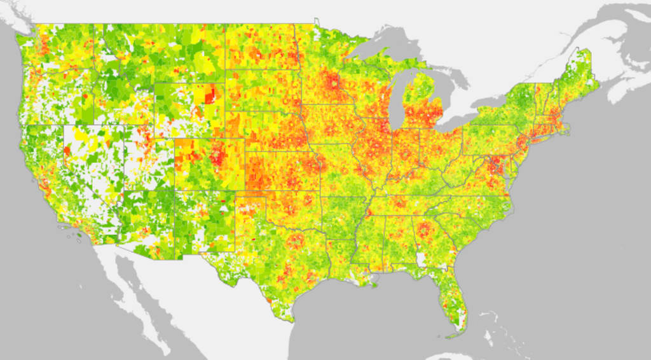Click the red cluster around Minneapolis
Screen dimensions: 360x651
[x=332, y=83]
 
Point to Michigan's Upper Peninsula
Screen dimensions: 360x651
[x=381, y=67]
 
